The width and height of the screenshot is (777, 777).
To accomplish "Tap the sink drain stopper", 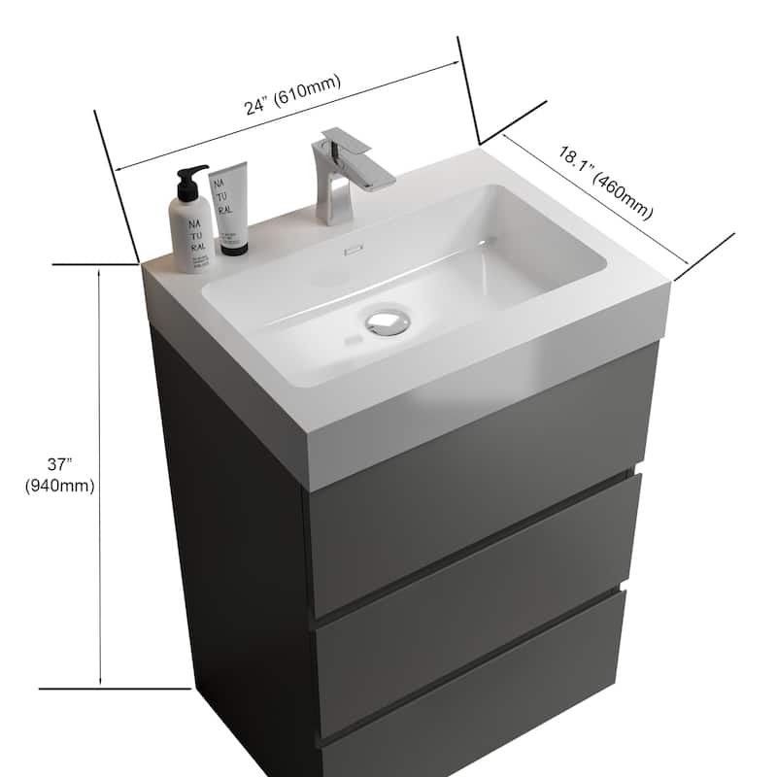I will [x=389, y=320].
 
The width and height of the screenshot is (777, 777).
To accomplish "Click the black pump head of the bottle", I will [x=192, y=179].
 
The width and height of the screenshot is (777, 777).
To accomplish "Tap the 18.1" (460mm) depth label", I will [x=603, y=182].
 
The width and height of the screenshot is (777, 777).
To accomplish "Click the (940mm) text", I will [x=60, y=486].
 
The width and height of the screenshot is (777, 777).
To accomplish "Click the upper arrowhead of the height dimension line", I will [x=101, y=274].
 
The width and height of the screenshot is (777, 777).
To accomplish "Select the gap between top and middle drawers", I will [x=476, y=597].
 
